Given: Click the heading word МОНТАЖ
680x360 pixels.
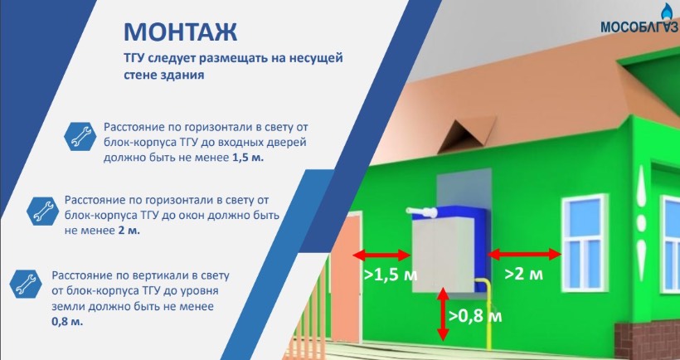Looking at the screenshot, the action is tap(181, 32).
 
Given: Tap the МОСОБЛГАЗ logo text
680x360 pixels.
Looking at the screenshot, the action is tap(640, 27).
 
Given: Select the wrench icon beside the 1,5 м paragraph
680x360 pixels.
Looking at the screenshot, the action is tap(80, 136).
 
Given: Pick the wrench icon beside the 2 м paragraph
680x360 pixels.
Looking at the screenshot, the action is tap(42, 211).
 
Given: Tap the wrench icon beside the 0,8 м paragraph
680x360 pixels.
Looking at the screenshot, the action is tap(26, 284).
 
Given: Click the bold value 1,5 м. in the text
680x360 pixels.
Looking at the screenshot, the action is tap(248, 158).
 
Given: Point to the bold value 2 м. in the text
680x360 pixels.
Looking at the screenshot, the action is tap(129, 231).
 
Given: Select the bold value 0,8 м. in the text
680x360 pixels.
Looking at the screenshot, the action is tap(67, 323).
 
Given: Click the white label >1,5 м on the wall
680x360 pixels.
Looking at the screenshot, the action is tap(391, 275).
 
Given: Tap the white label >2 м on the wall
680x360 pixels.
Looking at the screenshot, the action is tap(524, 274).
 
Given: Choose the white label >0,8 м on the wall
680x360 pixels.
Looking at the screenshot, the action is tap(475, 316).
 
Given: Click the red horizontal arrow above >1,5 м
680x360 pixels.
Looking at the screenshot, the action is tap(381, 255).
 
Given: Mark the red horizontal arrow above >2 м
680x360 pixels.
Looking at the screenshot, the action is tap(525, 254).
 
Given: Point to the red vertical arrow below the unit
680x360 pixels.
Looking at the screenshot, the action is tap(442, 314).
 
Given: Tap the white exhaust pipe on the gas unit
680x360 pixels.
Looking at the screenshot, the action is tap(422, 212).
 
